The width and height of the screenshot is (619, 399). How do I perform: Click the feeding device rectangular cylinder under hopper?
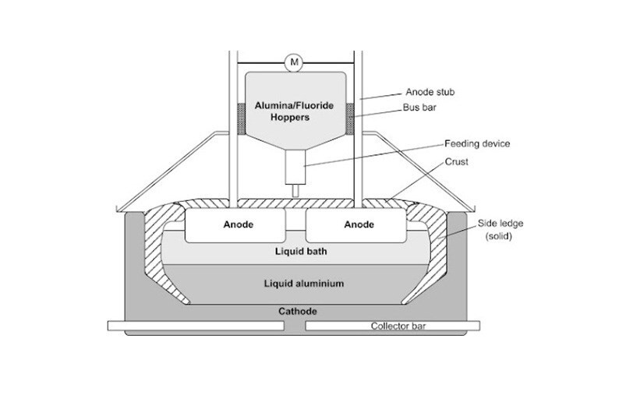[295, 165]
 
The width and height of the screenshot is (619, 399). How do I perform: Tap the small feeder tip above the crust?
[295, 189]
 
